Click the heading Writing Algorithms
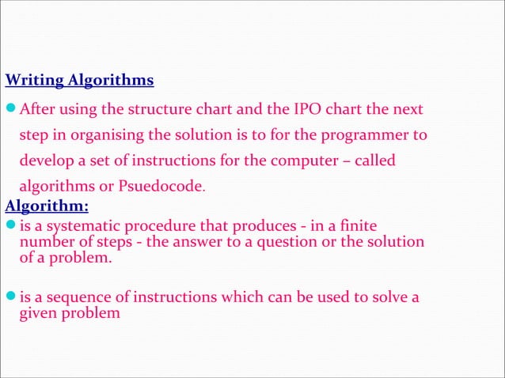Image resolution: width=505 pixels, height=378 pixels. pos(79,81)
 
